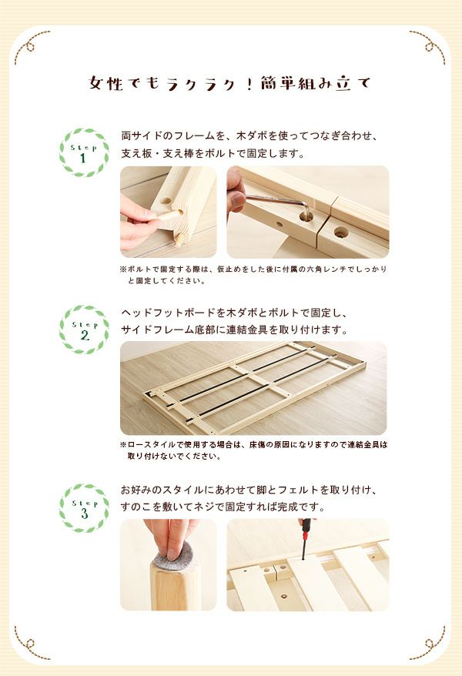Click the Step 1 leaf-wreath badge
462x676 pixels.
84,152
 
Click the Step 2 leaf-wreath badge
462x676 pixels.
84,330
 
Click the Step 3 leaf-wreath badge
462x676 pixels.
84,508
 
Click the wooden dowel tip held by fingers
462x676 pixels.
179,239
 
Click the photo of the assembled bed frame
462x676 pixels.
253,388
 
